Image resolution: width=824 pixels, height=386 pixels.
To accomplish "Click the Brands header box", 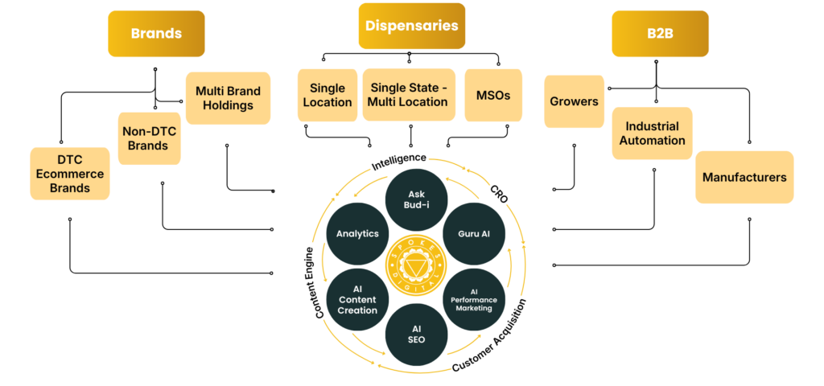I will (157, 34).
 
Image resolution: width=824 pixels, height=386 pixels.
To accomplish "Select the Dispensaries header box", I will (412, 26).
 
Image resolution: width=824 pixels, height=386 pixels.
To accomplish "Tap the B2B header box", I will (660, 34).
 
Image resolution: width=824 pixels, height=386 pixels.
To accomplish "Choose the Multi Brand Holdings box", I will (228, 98).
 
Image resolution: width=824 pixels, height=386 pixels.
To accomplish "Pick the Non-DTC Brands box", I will (150, 138).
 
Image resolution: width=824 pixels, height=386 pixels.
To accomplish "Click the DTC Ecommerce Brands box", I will (70, 174).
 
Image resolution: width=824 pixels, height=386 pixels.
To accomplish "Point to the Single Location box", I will (328, 95).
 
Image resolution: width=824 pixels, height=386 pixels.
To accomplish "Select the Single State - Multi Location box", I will (408, 95).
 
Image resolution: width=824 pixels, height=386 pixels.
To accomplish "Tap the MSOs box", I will (493, 95).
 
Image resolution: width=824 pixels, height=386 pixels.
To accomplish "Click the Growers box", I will (574, 101).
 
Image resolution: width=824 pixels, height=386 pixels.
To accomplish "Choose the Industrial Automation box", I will (652, 133).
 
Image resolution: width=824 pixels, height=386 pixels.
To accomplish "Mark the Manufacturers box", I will (744, 177).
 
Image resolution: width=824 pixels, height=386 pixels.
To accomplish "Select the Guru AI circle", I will (475, 234).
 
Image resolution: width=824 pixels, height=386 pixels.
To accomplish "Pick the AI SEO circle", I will (416, 334).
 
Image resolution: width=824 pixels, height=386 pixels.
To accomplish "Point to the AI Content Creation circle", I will (357, 299).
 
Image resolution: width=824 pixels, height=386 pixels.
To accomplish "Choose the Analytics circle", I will (357, 234).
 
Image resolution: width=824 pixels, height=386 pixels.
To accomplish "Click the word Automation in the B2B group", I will (652, 140).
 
